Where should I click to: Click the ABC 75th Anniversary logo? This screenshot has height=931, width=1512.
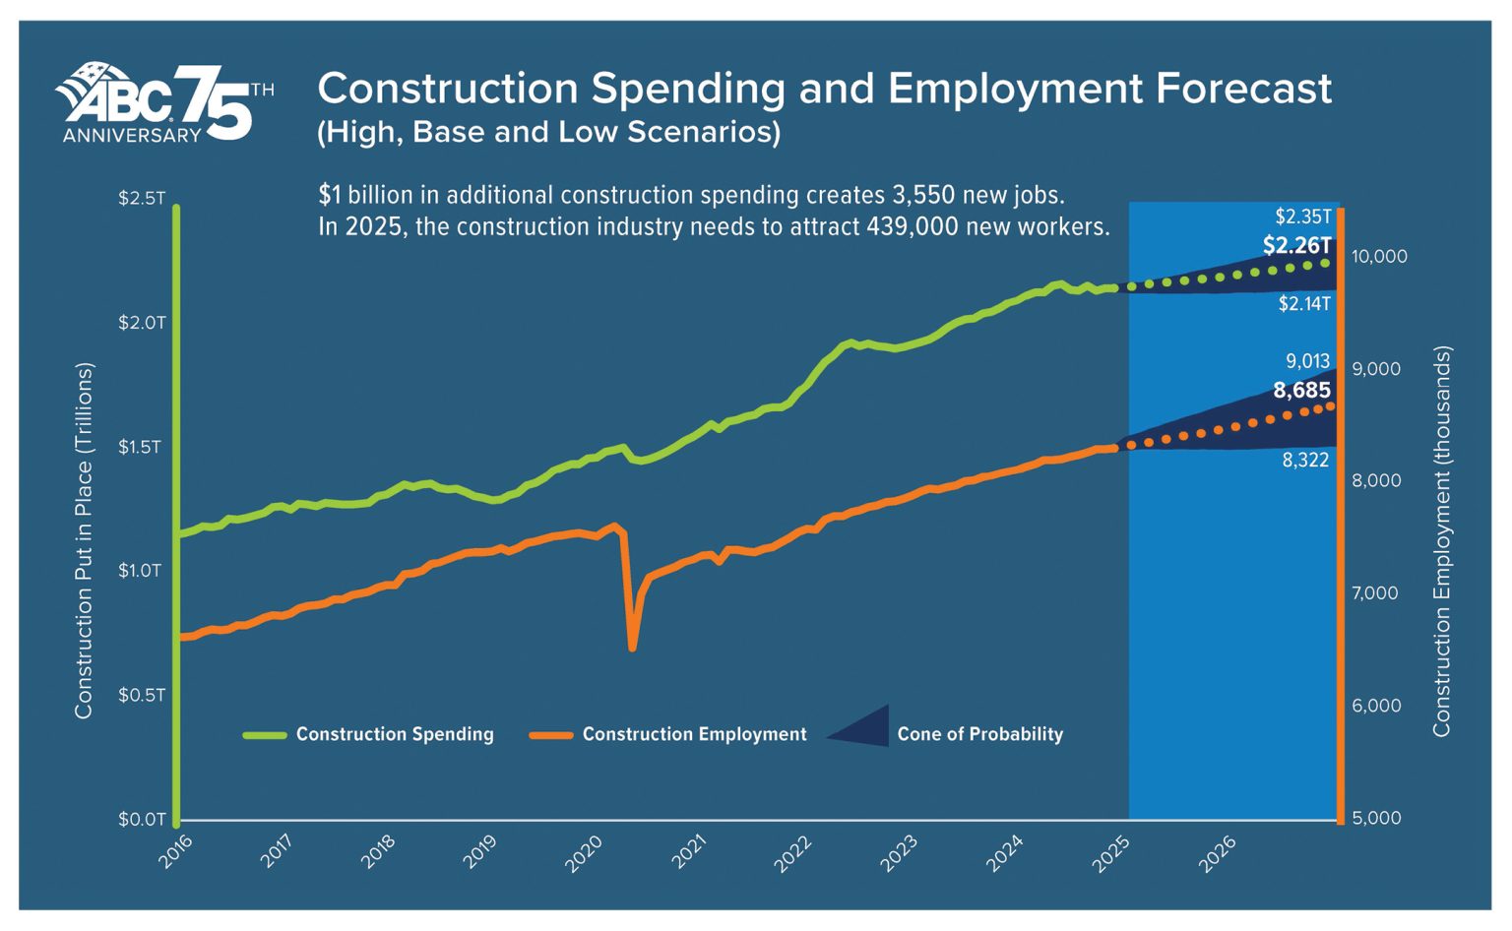pyautogui.click(x=163, y=103)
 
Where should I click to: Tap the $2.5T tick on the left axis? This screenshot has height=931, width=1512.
pyautogui.click(x=142, y=198)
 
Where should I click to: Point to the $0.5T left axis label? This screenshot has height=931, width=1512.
pyautogui.click(x=142, y=695)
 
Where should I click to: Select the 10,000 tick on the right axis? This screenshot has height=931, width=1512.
pyautogui.click(x=1379, y=257)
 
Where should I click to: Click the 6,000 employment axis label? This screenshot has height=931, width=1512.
pyautogui.click(x=1376, y=706)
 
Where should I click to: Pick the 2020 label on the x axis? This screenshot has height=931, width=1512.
pyautogui.click(x=584, y=853)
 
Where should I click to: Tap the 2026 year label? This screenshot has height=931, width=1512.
pyautogui.click(x=1218, y=853)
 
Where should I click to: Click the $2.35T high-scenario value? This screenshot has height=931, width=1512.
pyautogui.click(x=1303, y=217)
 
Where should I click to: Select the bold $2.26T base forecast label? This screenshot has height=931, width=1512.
pyautogui.click(x=1296, y=245)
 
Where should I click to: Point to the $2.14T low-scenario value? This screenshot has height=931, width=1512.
pyautogui.click(x=1304, y=304)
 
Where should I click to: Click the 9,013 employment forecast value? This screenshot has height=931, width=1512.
pyautogui.click(x=1307, y=361)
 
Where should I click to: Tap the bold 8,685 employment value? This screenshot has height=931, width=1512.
pyautogui.click(x=1301, y=391)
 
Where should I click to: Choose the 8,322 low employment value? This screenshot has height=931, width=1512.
pyautogui.click(x=1305, y=460)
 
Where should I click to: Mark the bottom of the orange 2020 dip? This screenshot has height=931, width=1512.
pyautogui.click(x=632, y=647)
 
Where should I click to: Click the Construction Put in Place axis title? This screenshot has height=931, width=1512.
pyautogui.click(x=84, y=540)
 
